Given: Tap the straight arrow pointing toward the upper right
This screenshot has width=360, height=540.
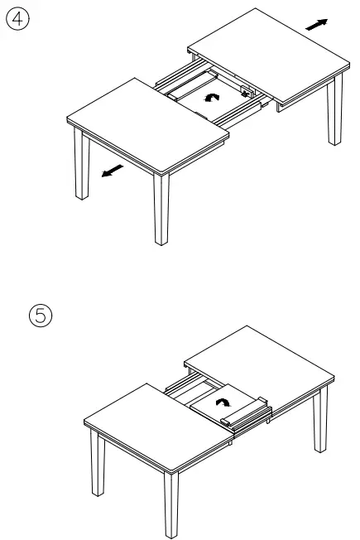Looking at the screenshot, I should click(x=315, y=26).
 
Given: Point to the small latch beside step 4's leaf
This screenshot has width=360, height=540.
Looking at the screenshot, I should click(x=246, y=94).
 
